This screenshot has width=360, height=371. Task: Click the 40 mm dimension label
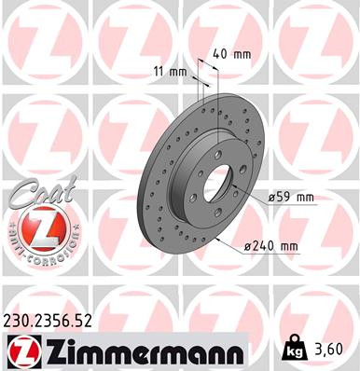230,54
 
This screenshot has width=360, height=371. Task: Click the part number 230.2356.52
55,323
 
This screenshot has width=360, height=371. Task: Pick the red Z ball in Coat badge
36,229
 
